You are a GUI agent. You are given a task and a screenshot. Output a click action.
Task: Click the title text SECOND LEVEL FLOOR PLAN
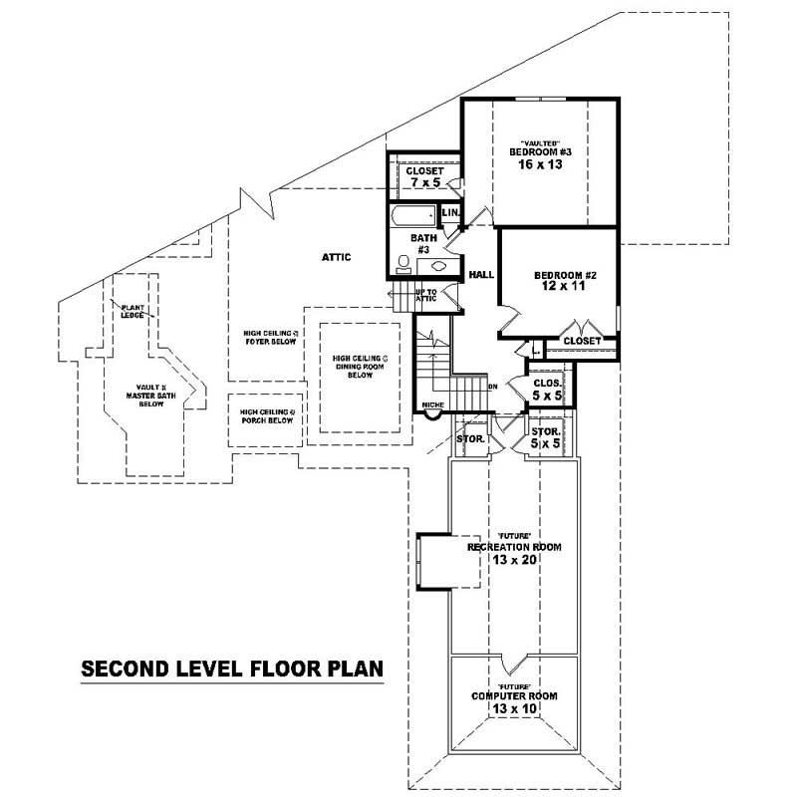click(x=231, y=668)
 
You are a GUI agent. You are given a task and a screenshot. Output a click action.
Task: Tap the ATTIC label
click(x=336, y=257)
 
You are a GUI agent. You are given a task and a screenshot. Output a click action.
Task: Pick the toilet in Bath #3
click(x=403, y=263)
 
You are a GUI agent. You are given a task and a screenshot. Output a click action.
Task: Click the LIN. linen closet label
click(x=449, y=213)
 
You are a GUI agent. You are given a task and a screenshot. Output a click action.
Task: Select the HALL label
click(x=482, y=274)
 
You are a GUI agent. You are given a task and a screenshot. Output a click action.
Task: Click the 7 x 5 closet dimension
click(x=423, y=182)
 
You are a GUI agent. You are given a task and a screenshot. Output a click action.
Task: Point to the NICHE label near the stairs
click(x=432, y=404)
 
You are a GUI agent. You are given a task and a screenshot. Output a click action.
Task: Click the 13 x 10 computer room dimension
click(x=514, y=708)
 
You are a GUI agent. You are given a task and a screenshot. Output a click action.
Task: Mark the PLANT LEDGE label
click(x=133, y=311)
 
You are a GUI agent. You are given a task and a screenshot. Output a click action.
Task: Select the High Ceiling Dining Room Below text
click(x=360, y=367)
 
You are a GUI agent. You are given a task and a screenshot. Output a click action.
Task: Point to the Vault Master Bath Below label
click(x=151, y=396)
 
